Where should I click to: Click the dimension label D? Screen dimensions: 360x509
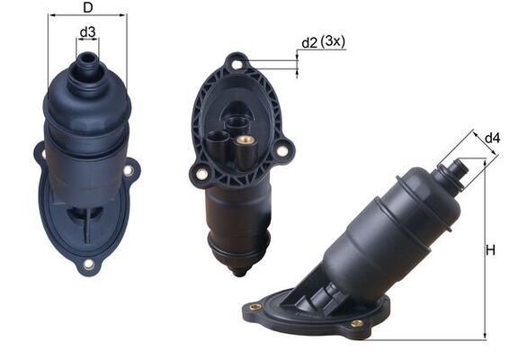tap(87, 8)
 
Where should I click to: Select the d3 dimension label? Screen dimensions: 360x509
tap(87, 33)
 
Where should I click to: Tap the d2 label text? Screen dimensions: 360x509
tap(309, 42)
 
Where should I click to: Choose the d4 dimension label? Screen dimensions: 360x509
tap(492, 138)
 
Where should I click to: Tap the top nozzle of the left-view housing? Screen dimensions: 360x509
tap(87, 62)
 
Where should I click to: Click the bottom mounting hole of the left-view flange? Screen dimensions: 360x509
tap(88, 264)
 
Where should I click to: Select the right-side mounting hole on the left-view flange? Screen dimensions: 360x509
tap(128, 169)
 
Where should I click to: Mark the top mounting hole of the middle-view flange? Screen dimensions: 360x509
tap(237, 65)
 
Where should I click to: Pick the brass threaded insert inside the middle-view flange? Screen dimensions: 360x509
tap(243, 141)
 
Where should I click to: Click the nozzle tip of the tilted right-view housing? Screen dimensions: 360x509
tap(459, 166)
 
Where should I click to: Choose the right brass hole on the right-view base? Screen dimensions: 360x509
tap(357, 322)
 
